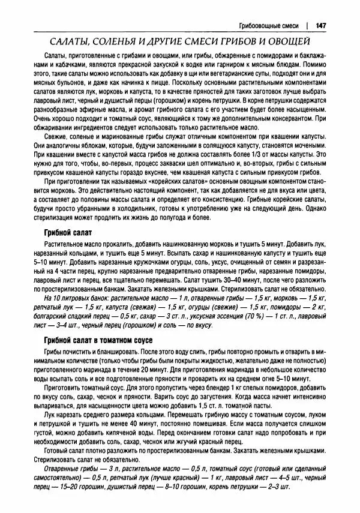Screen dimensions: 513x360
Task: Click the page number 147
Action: click(321, 26)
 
